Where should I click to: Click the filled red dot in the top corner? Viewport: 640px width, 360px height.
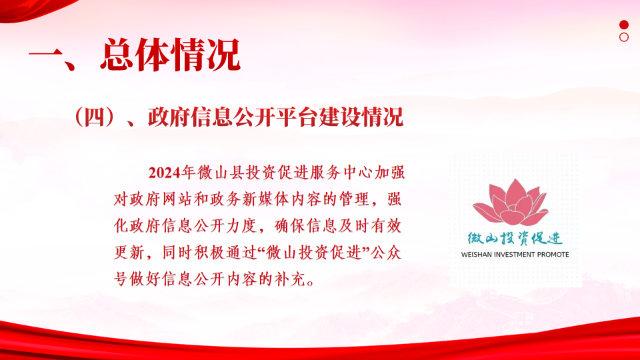pos(624,25)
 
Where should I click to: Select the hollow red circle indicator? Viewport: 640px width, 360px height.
pos(624,37)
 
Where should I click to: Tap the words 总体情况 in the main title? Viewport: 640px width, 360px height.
pos(170,55)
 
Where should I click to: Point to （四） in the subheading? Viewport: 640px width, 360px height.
pos(94,117)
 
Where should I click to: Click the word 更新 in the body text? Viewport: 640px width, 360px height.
pos(129,253)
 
